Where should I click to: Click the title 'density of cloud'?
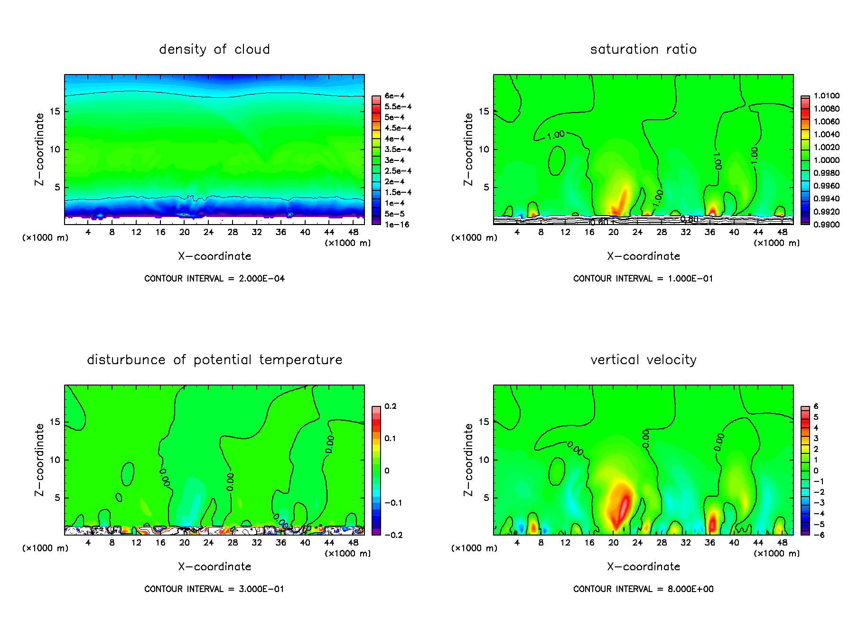[x=214, y=49]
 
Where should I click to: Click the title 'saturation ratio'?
[x=643, y=49]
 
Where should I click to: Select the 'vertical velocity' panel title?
[x=643, y=360]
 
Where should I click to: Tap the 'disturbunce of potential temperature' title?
[x=214, y=360]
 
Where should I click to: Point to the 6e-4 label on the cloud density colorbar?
[x=394, y=96]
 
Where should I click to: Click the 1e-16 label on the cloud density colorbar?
[x=397, y=225]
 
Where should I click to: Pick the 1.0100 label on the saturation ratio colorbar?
[x=826, y=96]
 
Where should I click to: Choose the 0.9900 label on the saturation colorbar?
[x=826, y=225]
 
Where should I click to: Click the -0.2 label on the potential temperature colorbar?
[x=393, y=535]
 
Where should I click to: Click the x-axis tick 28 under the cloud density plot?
[x=233, y=232]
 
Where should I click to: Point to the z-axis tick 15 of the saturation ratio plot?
[x=484, y=112]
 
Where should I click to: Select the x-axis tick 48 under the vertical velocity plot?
[x=782, y=543]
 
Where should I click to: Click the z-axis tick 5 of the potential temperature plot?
[x=57, y=498]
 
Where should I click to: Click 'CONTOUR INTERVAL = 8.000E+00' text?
[x=643, y=589]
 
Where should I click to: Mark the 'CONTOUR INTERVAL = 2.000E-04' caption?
[x=214, y=279]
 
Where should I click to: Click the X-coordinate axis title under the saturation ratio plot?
[x=643, y=256]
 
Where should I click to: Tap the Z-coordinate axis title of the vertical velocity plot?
[x=468, y=460]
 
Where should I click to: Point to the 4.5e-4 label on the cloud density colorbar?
[x=398, y=128]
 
